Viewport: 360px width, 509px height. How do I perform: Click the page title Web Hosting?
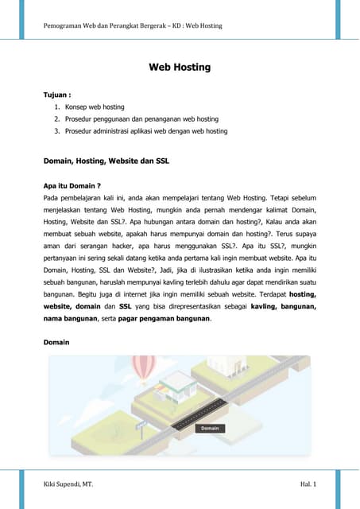pyautogui.click(x=180, y=67)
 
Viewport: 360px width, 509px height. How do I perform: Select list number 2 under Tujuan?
pyautogui.click(x=57, y=119)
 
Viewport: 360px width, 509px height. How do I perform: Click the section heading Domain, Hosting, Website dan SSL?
pyautogui.click(x=106, y=161)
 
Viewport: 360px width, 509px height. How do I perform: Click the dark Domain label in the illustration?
pyautogui.click(x=210, y=428)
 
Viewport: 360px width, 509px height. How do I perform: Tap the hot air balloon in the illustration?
pyautogui.click(x=144, y=370)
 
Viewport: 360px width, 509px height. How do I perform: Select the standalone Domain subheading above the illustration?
pyautogui.click(x=56, y=343)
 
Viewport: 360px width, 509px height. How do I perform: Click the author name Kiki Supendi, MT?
pyautogui.click(x=68, y=484)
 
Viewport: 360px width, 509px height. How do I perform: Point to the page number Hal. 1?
pyautogui.click(x=309, y=484)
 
